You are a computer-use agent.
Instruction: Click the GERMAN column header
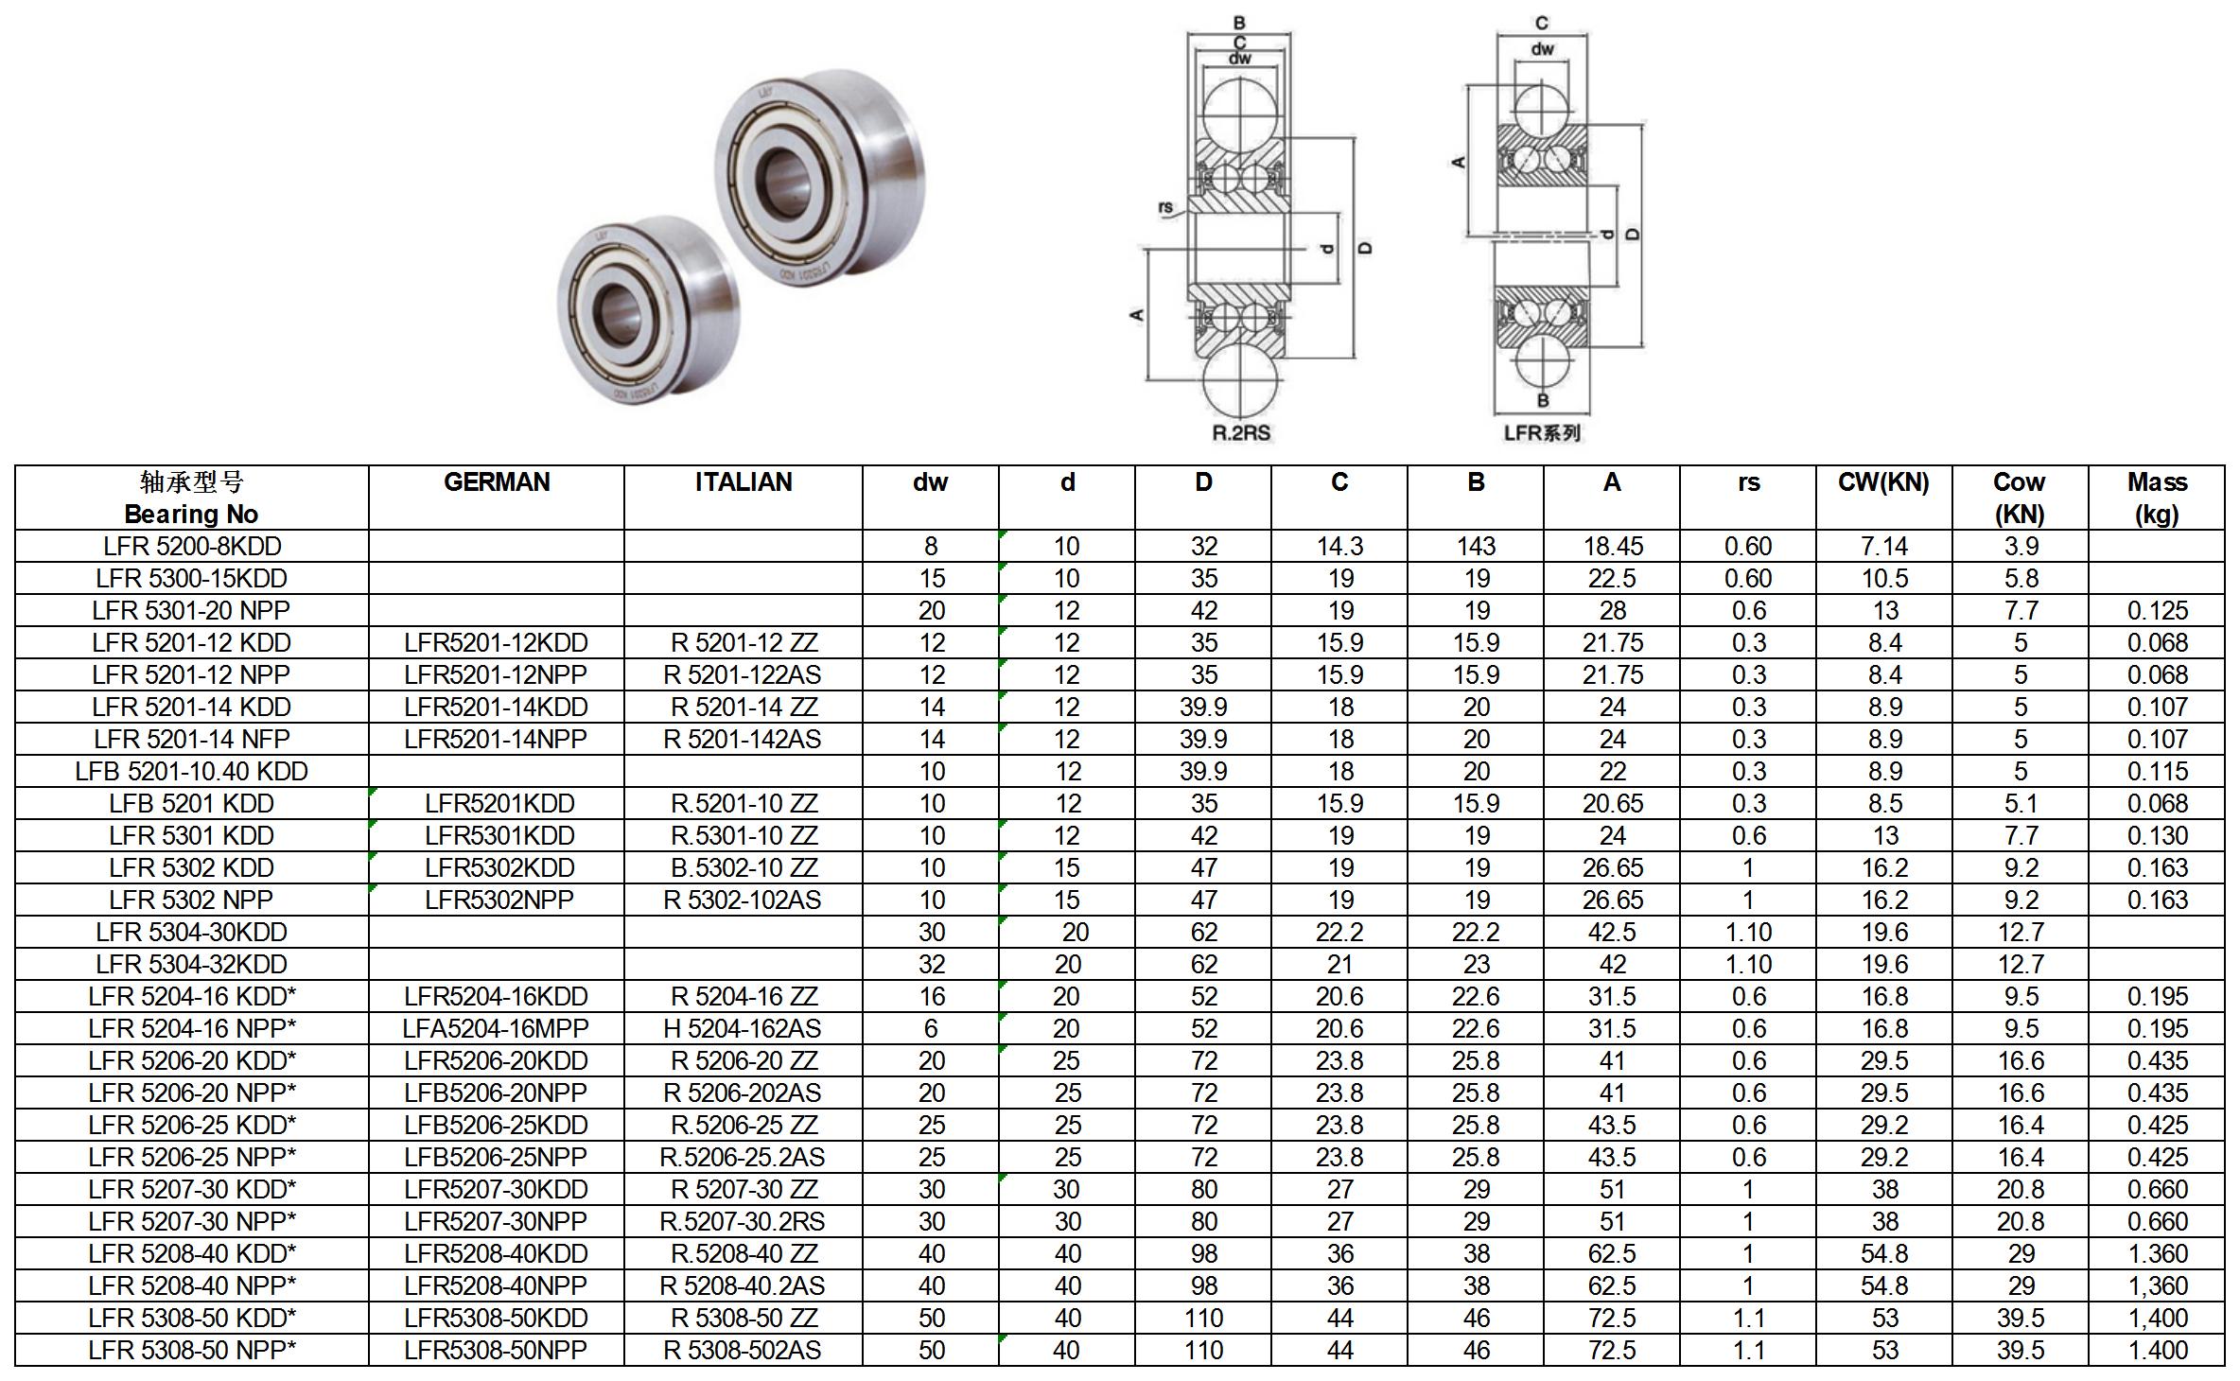pyautogui.click(x=497, y=482)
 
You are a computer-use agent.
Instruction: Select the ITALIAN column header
pyautogui.click(x=744, y=482)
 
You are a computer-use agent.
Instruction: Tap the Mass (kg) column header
pyautogui.click(x=2157, y=498)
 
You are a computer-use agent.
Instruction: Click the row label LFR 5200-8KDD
pyautogui.click(x=192, y=547)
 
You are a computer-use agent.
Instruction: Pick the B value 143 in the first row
pyautogui.click(x=1476, y=547)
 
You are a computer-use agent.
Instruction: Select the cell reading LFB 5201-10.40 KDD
pyautogui.click(x=192, y=772)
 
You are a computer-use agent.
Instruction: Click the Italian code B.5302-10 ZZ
pyautogui.click(x=744, y=868)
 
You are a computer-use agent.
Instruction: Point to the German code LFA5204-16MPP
pyautogui.click(x=497, y=1029)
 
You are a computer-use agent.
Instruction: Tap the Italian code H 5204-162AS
pyautogui.click(x=744, y=1029)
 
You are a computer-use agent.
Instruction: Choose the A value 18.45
pyautogui.click(x=1613, y=547)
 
